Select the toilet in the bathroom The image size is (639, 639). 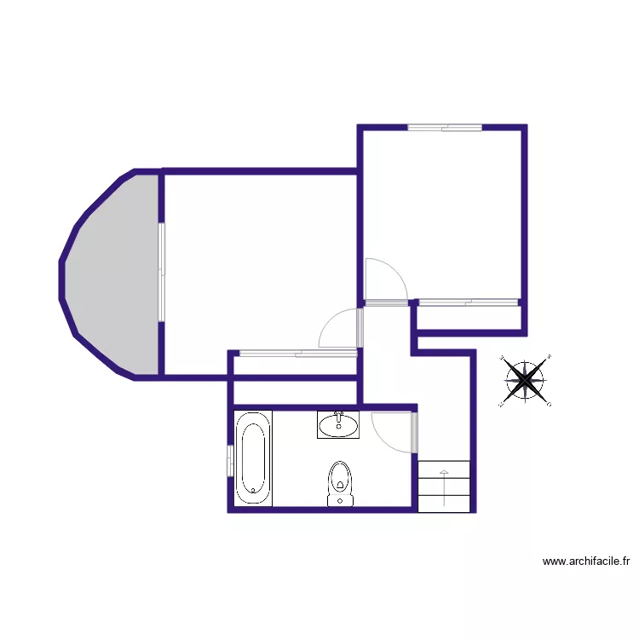point(340,483)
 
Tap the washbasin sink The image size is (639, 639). point(338,424)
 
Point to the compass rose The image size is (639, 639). point(525,380)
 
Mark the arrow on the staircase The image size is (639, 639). point(443,486)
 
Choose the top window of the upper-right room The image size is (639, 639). point(444,128)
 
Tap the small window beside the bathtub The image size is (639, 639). point(229,461)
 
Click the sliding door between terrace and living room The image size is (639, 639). point(161,272)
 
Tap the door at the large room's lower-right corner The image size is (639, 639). point(341,327)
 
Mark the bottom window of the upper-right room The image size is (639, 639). point(469,302)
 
